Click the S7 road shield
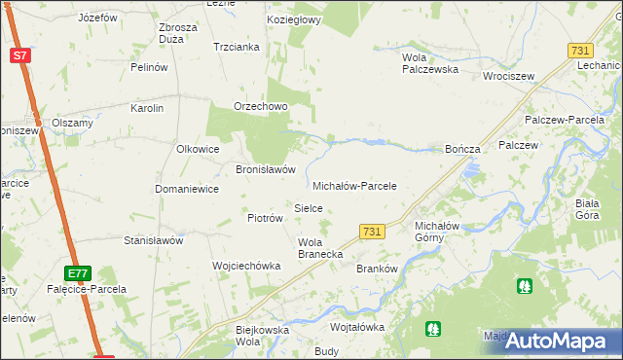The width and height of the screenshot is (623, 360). click(x=20, y=55)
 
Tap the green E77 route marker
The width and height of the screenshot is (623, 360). click(x=79, y=273)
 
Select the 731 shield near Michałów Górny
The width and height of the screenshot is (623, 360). click(x=370, y=231)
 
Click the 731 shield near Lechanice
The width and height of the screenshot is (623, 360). click(x=580, y=51)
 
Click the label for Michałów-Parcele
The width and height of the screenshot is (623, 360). click(x=354, y=185)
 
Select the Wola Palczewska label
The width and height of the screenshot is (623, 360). click(x=430, y=63)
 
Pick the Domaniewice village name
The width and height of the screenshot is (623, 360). click(x=187, y=189)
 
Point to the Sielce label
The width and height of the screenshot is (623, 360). click(x=309, y=208)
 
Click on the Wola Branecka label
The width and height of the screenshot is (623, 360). click(x=319, y=248)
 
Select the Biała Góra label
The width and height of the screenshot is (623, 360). click(x=592, y=209)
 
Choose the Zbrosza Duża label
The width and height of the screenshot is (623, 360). click(x=178, y=33)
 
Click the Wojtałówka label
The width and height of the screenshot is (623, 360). click(x=358, y=328)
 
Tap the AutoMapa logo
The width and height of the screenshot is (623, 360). click(x=556, y=342)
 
